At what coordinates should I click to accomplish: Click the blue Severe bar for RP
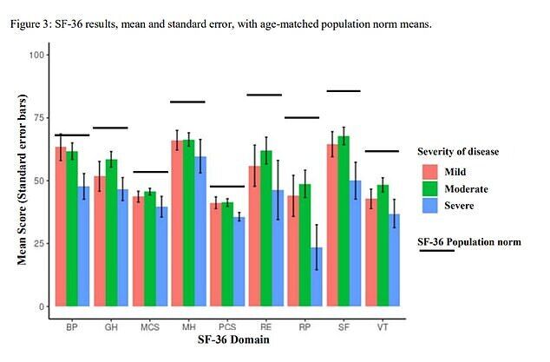[x=317, y=277]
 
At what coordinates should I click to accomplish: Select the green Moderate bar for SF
[x=343, y=221]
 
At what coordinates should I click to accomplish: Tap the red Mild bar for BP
[x=61, y=227]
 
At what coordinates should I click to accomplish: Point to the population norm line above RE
[x=265, y=95]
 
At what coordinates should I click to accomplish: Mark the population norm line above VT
[x=381, y=151]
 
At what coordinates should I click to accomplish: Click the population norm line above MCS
[x=150, y=172]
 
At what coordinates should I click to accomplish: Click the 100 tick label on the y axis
[x=36, y=55]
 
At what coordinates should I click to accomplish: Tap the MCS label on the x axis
[x=150, y=328]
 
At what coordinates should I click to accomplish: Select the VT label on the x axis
[x=381, y=328]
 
